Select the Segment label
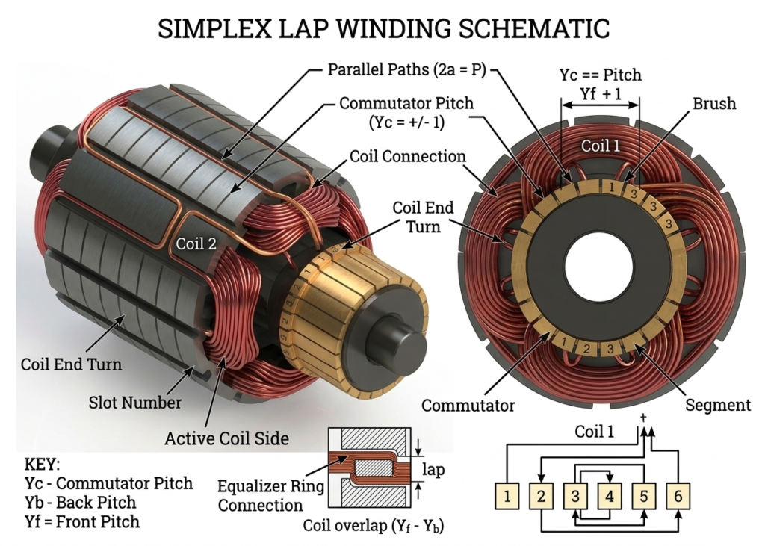[718, 405]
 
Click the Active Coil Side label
[226, 438]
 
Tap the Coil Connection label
[408, 156]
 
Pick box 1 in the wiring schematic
[508, 495]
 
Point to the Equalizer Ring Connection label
[270, 496]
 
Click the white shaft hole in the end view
[599, 266]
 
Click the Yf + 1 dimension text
[601, 93]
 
